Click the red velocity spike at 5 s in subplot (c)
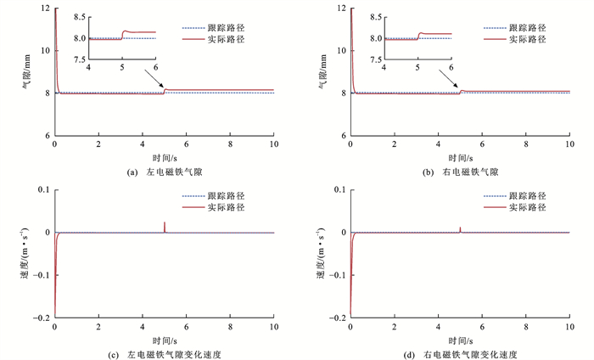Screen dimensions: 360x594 tap(165, 226)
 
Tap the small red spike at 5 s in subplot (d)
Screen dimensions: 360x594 tap(460, 228)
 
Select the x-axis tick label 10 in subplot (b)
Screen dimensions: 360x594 tap(569, 145)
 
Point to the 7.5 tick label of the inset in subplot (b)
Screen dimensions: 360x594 tap(375, 59)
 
